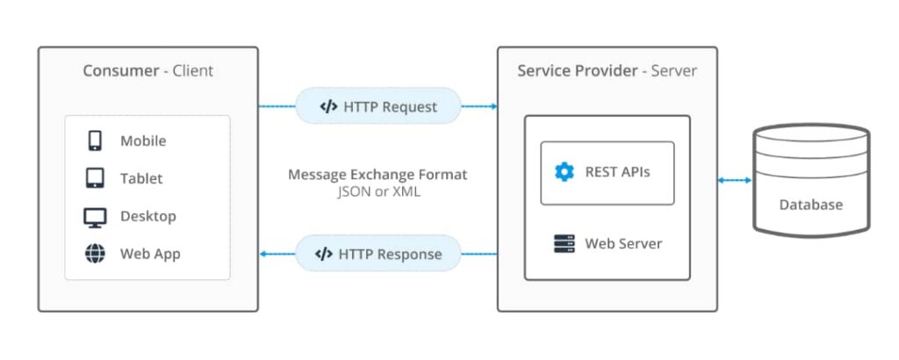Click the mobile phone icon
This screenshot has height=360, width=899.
(95, 140)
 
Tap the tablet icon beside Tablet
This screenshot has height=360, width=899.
(95, 178)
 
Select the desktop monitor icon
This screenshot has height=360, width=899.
(95, 217)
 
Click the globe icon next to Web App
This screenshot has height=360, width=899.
(95, 255)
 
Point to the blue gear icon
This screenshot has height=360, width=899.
(564, 172)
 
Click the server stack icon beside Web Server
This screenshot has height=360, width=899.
(564, 243)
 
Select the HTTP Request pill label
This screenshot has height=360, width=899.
(378, 106)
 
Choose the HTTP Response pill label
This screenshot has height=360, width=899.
(378, 255)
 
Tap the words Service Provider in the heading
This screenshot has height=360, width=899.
(577, 70)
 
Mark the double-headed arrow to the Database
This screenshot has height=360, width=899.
(735, 180)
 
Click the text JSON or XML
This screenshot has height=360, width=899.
(378, 191)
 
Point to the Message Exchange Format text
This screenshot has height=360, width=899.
(378, 175)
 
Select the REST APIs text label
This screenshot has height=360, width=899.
(617, 172)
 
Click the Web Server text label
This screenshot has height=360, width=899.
(623, 243)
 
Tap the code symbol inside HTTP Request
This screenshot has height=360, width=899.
(328, 107)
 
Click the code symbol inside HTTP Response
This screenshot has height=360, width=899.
(323, 255)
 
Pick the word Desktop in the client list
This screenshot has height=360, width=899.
(147, 217)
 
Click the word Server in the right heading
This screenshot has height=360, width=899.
(674, 70)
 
